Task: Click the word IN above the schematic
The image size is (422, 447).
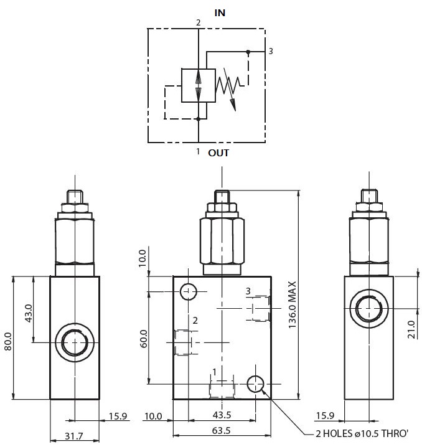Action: [220, 13]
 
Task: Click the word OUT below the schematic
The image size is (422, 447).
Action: [218, 153]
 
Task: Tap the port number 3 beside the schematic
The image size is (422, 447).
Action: [271, 51]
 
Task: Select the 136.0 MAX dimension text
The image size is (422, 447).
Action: [293, 305]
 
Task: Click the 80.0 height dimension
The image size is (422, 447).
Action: [8, 341]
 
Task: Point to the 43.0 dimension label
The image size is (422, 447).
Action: [29, 313]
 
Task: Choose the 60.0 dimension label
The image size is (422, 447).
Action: [144, 339]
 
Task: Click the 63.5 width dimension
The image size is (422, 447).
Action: [222, 430]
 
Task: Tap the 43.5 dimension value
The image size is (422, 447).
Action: [222, 415]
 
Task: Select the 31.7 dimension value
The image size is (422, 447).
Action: [74, 436]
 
